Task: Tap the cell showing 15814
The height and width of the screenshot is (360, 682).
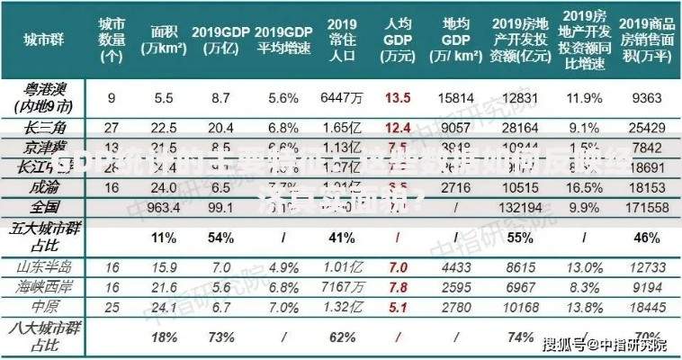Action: click(x=457, y=97)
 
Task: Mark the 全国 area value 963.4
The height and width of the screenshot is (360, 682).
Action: click(x=164, y=207)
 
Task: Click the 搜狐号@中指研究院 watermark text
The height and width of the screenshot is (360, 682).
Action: click(x=606, y=344)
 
